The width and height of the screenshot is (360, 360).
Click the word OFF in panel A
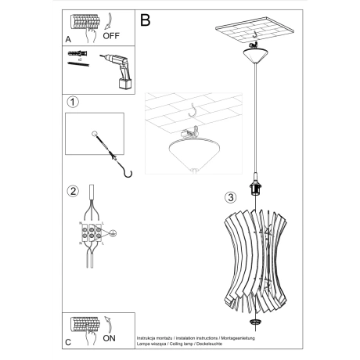point(112,35)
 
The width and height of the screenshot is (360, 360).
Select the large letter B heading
point(146,20)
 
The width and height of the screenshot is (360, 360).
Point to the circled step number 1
point(73,103)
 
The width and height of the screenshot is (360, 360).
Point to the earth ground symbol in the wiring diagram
point(113,232)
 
